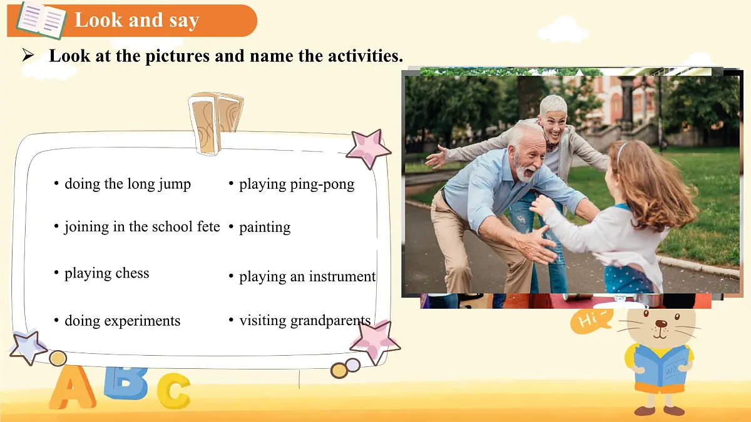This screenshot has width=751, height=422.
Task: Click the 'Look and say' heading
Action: pyautogui.click(x=136, y=21)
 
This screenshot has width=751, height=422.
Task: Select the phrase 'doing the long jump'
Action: pyautogui.click(x=128, y=184)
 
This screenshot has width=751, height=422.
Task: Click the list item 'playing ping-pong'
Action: pyautogui.click(x=297, y=184)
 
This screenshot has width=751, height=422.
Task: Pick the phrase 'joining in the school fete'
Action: pyautogui.click(x=142, y=226)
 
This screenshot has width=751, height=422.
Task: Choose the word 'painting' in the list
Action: pyautogui.click(x=265, y=227)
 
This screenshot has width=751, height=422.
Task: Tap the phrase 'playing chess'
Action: pyautogui.click(x=107, y=273)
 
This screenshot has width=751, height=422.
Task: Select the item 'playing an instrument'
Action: pyautogui.click(x=307, y=276)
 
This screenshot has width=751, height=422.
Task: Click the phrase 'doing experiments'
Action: pyautogui.click(x=123, y=321)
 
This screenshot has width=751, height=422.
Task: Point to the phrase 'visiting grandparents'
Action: pyautogui.click(x=305, y=321)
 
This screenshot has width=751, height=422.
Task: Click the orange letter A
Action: pyautogui.click(x=71, y=388)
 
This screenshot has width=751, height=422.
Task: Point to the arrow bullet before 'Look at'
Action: pyautogui.click(x=28, y=56)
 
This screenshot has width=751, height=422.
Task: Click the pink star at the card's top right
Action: pyautogui.click(x=368, y=149)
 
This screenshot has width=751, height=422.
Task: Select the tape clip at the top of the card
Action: pyautogui.click(x=216, y=122)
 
